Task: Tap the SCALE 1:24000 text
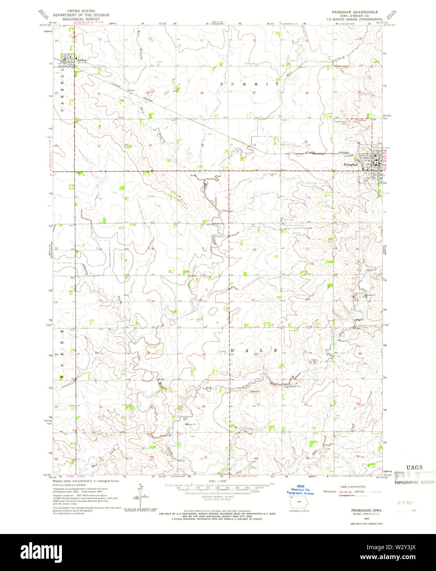pyautogui.click(x=218, y=481)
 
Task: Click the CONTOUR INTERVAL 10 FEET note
pyautogui.click(x=218, y=497)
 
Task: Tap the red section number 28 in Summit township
pyautogui.click(x=202, y=93)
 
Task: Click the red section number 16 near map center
pyautogui.click(x=201, y=300)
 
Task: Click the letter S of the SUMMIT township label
pyautogui.click(x=222, y=84)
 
